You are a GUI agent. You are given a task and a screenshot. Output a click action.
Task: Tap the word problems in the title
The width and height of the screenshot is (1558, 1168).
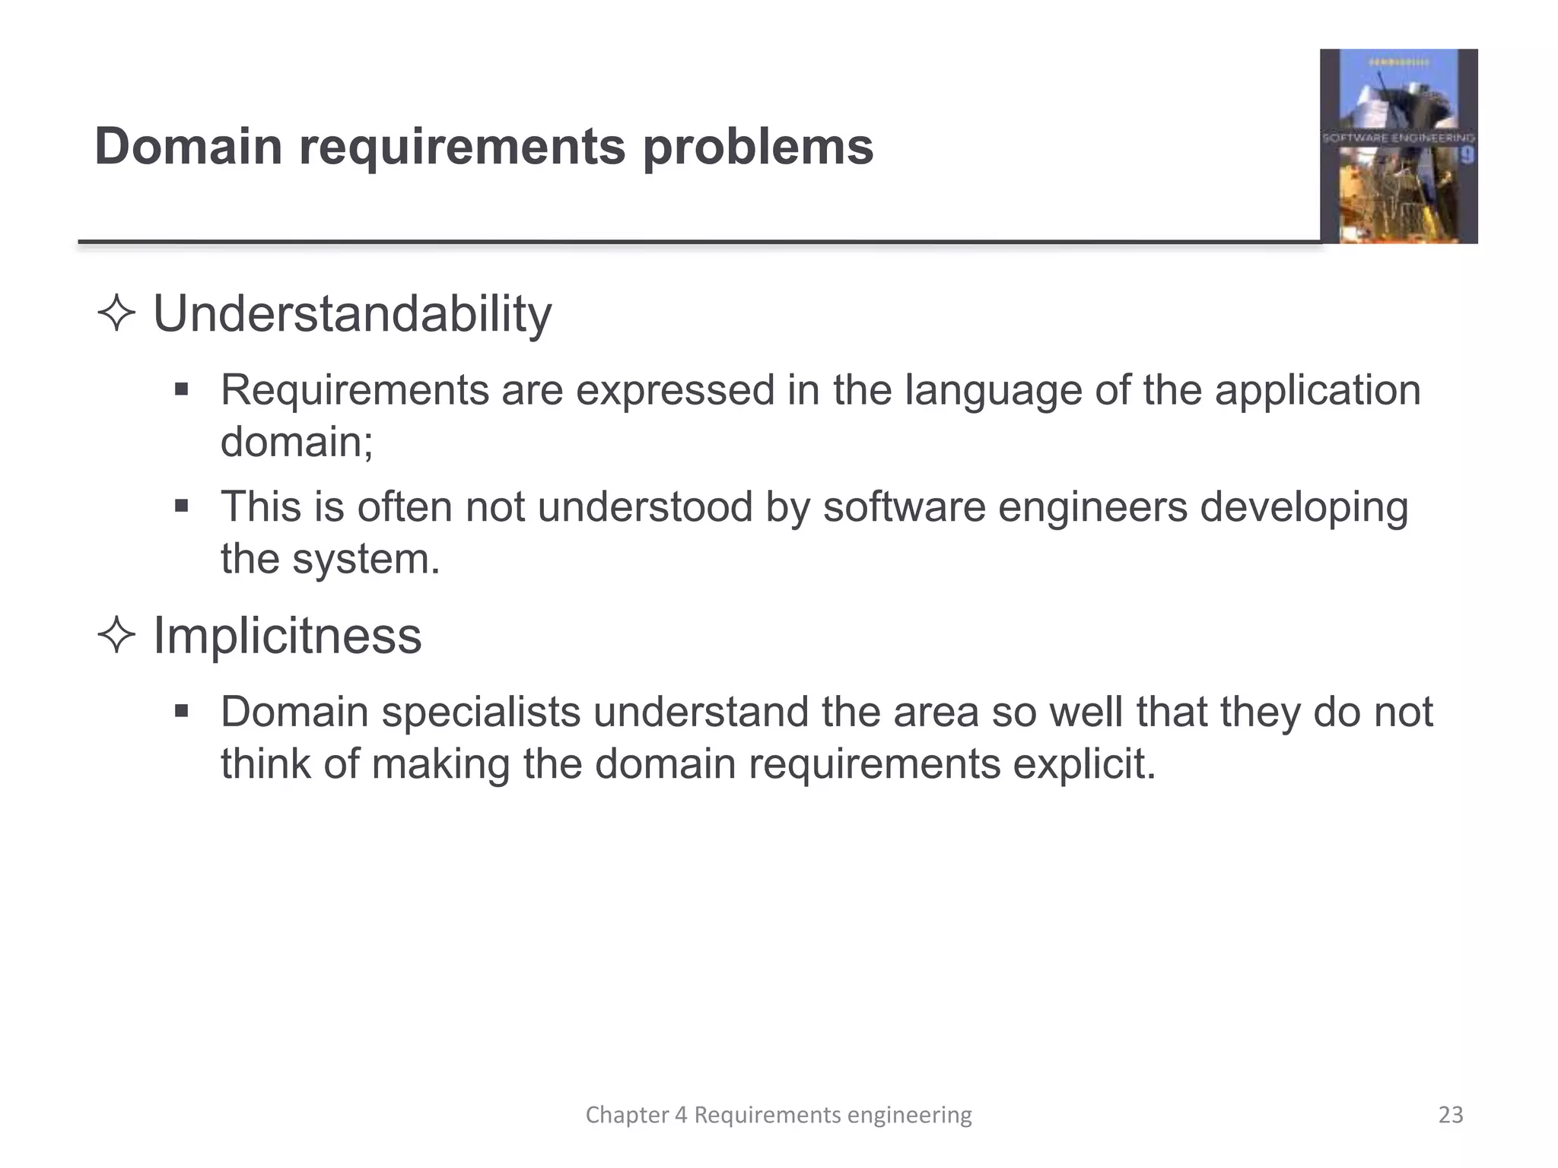coord(758,148)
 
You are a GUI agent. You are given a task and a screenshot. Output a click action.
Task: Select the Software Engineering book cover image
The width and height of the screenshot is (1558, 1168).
coord(1398,146)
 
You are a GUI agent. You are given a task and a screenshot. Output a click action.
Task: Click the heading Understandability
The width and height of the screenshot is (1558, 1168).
coord(352,314)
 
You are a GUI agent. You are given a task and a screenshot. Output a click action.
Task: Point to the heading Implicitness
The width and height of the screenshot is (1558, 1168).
coord(287,636)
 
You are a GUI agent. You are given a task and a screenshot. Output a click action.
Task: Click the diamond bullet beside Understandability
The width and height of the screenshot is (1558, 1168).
coord(116,314)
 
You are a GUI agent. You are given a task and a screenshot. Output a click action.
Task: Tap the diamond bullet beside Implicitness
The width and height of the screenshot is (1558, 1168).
coord(116,636)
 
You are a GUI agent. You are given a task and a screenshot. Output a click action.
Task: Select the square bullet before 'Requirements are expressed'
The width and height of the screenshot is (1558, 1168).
coord(181,390)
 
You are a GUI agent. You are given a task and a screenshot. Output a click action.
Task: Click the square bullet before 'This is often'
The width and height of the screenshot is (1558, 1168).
coord(181,506)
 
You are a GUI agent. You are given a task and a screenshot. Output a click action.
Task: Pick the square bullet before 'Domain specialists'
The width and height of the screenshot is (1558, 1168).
coord(181,712)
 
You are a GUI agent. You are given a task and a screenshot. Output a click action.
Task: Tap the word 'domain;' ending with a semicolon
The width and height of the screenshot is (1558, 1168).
coord(297,442)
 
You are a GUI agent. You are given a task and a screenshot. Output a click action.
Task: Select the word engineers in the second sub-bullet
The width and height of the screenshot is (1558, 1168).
coord(1092,507)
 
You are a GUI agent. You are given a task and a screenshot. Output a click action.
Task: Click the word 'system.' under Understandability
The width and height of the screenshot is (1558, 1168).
coord(366,560)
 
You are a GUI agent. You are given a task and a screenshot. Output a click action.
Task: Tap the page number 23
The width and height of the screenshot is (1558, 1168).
coord(1451,1115)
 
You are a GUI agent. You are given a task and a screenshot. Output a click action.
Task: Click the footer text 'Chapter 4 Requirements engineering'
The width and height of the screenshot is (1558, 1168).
coord(778,1115)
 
